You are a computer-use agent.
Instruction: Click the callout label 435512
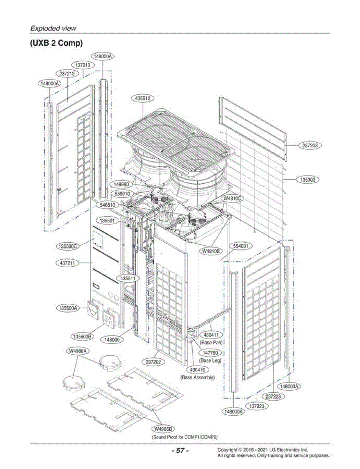click(x=143, y=98)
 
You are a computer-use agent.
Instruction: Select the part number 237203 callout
click(x=310, y=145)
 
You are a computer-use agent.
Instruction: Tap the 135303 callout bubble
click(x=308, y=179)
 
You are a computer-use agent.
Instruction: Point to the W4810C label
click(x=232, y=199)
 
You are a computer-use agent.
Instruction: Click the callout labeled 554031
click(x=240, y=246)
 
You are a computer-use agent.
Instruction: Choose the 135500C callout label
click(x=68, y=246)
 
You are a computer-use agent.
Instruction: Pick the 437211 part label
click(x=67, y=263)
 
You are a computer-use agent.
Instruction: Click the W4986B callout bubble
click(x=163, y=429)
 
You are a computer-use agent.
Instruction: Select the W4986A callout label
click(x=78, y=351)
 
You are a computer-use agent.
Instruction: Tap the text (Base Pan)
click(x=211, y=342)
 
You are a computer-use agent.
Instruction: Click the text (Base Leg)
click(x=210, y=360)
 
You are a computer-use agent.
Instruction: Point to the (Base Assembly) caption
click(x=197, y=378)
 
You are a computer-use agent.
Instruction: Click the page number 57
click(x=180, y=451)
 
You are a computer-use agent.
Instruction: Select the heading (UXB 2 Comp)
click(x=56, y=43)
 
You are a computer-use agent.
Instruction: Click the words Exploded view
click(x=53, y=28)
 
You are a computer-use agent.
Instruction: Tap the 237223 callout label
click(x=273, y=396)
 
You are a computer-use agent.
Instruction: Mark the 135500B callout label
click(x=82, y=337)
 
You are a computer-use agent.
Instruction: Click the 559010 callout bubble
click(x=122, y=194)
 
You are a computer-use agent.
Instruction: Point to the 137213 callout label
click(x=83, y=65)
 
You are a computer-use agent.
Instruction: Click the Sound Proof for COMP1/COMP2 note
click(x=185, y=437)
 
